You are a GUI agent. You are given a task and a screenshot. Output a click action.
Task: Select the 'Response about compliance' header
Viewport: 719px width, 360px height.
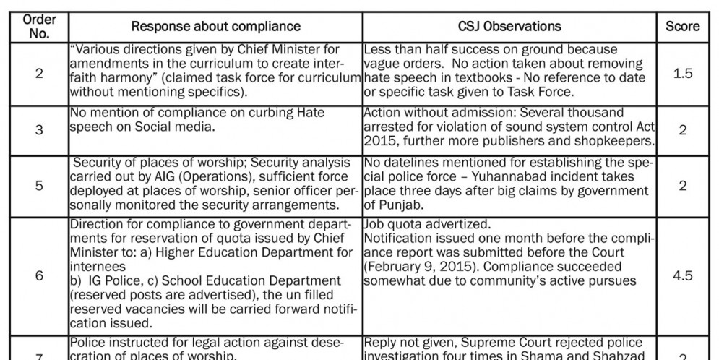(x=215, y=27)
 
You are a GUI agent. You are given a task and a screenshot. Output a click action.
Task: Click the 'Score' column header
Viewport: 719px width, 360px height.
(x=682, y=27)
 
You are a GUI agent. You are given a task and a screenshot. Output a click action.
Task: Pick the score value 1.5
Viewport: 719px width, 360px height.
(x=682, y=74)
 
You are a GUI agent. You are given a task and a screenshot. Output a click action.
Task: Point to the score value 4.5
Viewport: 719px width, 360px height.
(x=682, y=275)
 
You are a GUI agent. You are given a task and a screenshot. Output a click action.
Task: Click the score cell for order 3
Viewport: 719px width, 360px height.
(x=682, y=131)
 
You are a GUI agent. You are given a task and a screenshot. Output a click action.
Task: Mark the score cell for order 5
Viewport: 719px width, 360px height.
(x=682, y=185)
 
